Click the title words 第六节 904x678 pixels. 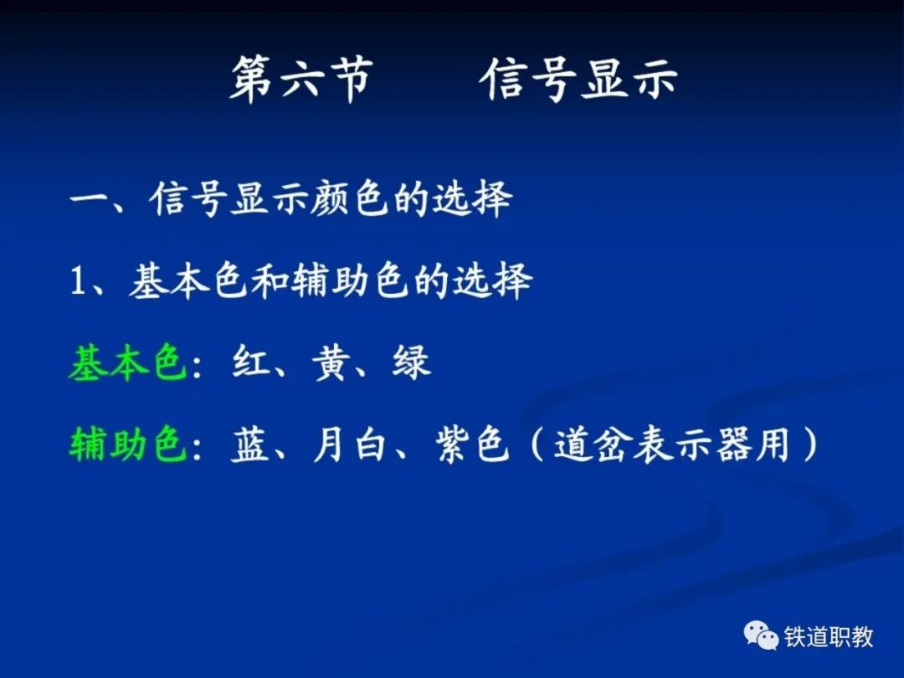click(x=301, y=80)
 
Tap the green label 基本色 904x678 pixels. click(x=128, y=363)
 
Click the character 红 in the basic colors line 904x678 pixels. click(x=251, y=362)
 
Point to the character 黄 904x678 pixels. click(x=331, y=363)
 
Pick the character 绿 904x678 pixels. click(x=412, y=363)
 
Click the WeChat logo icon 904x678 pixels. click(x=761, y=635)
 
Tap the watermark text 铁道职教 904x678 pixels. click(x=829, y=636)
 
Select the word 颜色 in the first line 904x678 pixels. click(x=349, y=199)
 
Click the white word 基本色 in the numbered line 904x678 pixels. click(x=189, y=281)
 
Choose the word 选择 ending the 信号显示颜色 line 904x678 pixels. click(x=473, y=199)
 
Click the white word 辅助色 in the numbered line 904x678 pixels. click(x=351, y=281)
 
